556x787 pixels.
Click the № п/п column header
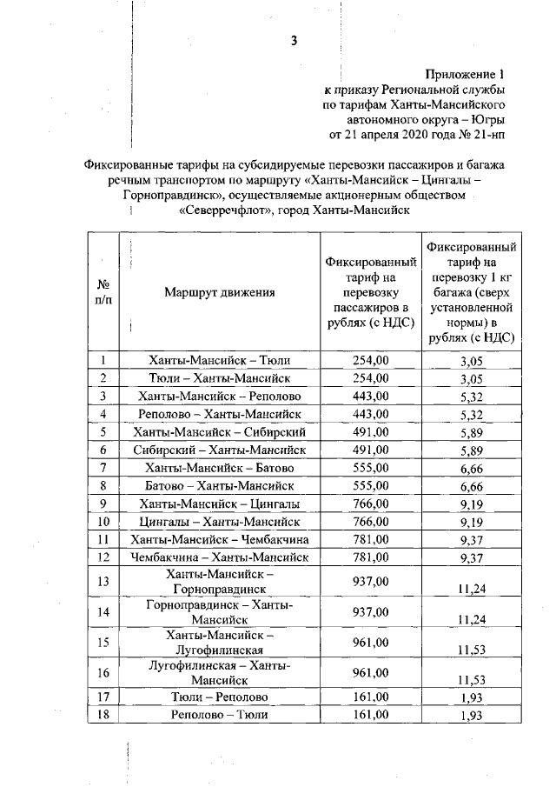coord(103,293)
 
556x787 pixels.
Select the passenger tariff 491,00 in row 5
coord(370,431)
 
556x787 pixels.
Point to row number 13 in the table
coord(103,581)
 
